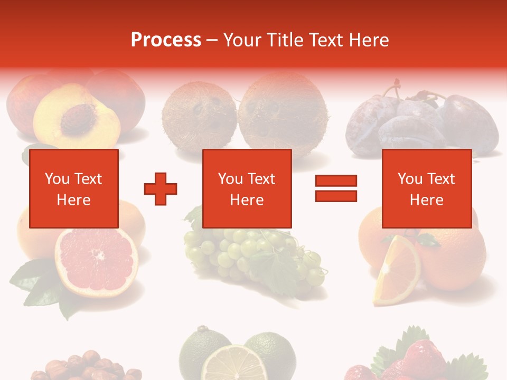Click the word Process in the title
pos(166,40)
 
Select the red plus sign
pos(161,188)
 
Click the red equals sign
pos(336,188)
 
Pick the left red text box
pos(73,188)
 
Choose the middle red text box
pos(247,188)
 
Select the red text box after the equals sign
pos(426,188)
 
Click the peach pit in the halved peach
pos(78,118)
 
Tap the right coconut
pos(282,113)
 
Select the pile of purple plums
pos(422,124)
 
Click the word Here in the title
pos(366,40)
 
